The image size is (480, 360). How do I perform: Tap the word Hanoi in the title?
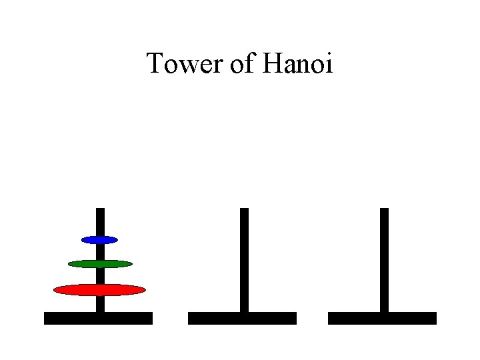297,65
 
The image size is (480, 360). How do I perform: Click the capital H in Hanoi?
274,64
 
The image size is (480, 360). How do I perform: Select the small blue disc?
99,239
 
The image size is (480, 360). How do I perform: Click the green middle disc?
100,264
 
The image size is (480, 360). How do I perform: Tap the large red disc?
99,289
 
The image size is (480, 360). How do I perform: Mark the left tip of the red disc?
55,289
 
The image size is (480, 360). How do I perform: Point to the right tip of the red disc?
144,289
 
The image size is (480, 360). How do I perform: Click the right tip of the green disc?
131,264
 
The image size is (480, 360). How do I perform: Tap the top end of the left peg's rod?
100,210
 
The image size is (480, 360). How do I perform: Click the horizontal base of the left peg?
98,318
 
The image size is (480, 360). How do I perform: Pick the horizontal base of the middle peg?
242,318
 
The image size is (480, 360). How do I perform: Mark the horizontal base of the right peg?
382,318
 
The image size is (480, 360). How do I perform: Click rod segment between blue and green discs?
100,251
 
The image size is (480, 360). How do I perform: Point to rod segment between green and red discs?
100,276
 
